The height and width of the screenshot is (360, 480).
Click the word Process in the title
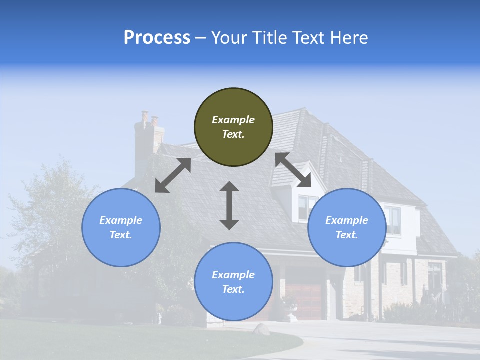pos(157,38)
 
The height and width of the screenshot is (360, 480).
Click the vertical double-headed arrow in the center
pos(229,205)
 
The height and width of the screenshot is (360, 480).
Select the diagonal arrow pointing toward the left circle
pos(173,175)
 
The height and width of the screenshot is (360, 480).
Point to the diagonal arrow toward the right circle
pos(293,170)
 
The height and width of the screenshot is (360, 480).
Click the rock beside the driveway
pos(261,329)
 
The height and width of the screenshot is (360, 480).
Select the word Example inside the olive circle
pos(233,120)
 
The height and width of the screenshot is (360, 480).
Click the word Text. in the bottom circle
pos(233,289)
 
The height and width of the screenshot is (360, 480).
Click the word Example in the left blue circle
pos(121,220)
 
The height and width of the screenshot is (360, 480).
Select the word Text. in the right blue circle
pos(347,235)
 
